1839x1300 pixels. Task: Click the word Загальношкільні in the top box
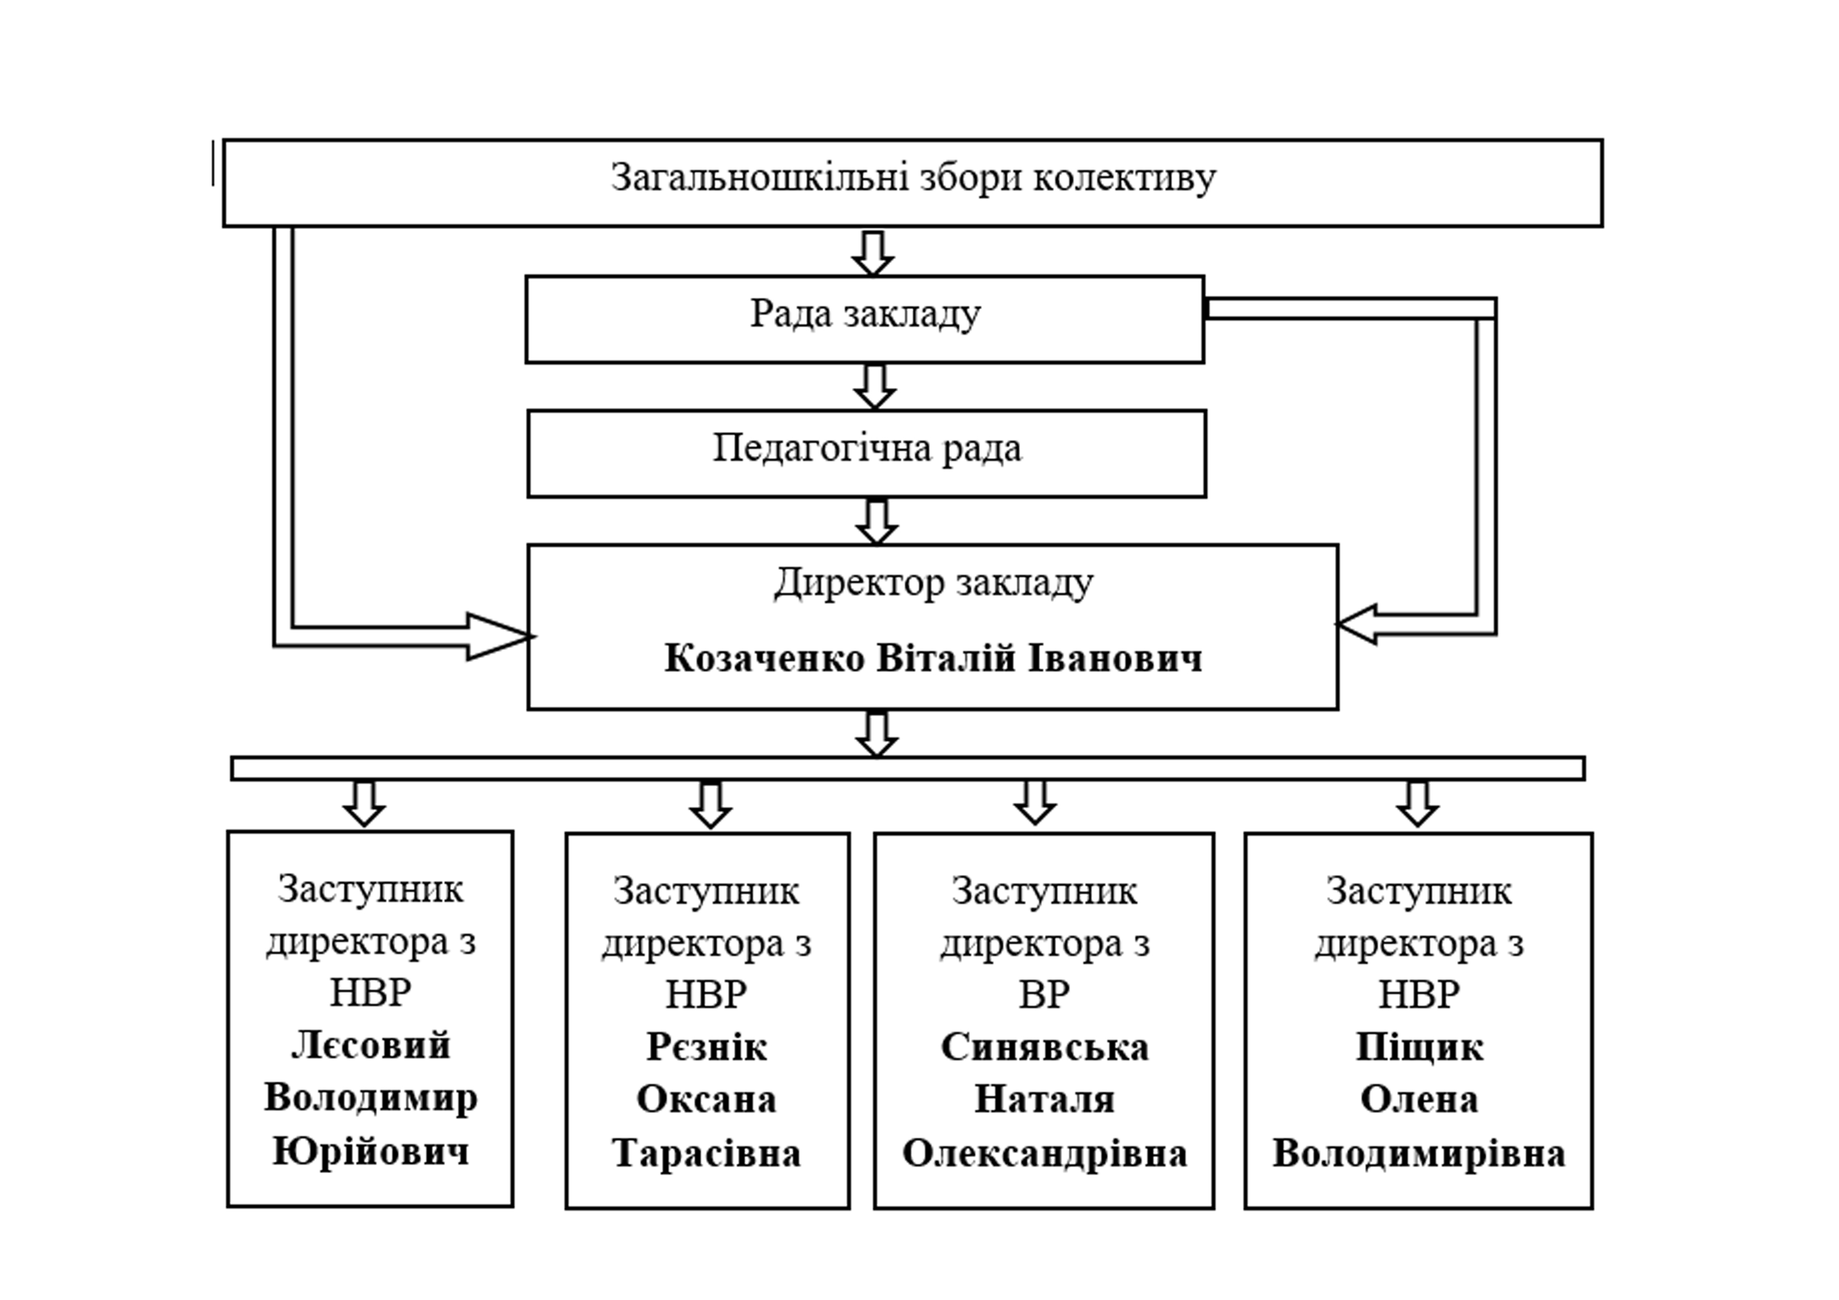tap(759, 178)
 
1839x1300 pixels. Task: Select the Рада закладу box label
tap(865, 314)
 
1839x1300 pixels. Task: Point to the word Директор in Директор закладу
tap(859, 583)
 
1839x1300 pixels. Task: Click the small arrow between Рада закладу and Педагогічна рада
tap(874, 387)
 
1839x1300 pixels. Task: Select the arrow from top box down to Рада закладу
tap(872, 253)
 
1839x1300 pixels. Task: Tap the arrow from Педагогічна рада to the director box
tap(876, 522)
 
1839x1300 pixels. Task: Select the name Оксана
tap(707, 1100)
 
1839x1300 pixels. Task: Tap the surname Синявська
tap(1044, 1048)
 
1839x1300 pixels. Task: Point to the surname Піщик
tap(1419, 1048)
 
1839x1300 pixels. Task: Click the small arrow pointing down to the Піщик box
tap(1418, 804)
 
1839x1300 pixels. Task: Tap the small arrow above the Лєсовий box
tap(364, 804)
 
